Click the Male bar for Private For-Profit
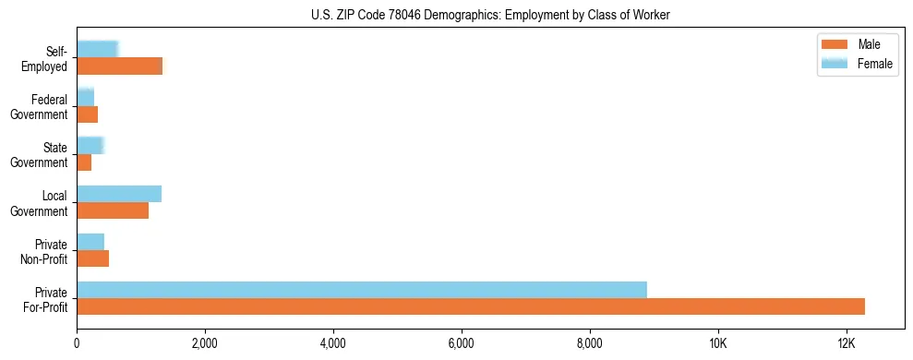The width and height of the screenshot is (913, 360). click(471, 306)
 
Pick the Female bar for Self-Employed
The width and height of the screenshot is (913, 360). click(97, 50)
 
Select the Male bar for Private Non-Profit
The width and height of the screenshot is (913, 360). click(92, 258)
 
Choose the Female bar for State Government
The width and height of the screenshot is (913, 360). click(90, 146)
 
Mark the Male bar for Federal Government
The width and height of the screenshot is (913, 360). click(87, 114)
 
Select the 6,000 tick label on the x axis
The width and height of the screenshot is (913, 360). click(461, 343)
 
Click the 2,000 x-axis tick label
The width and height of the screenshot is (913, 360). click(204, 343)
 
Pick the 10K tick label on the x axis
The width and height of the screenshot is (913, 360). click(717, 343)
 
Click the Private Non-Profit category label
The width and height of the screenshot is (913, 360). click(42, 251)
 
